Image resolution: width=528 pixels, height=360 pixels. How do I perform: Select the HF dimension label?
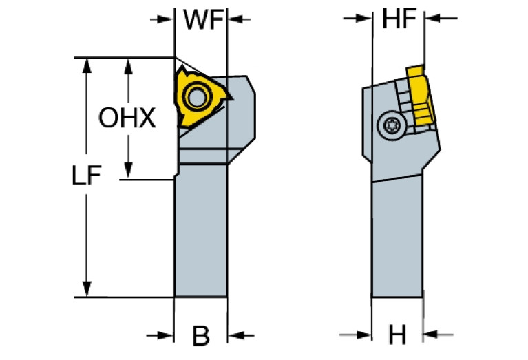click(399, 20)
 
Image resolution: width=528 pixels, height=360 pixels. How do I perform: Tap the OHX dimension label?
click(127, 118)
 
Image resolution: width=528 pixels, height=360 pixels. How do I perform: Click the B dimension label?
click(200, 336)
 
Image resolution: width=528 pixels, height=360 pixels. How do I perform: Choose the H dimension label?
click(397, 336)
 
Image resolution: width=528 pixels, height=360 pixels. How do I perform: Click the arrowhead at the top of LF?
click(87, 65)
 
